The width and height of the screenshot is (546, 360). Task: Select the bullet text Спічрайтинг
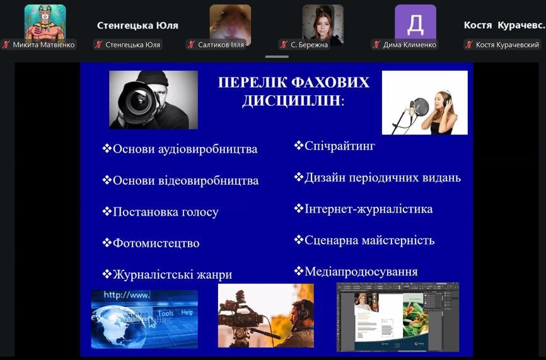(x=340, y=146)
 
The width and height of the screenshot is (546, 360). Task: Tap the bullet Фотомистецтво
(x=156, y=243)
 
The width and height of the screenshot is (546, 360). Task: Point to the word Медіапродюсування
(x=361, y=271)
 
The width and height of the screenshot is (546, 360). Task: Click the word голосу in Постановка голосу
(x=198, y=212)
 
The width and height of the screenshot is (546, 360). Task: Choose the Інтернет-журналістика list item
(x=369, y=209)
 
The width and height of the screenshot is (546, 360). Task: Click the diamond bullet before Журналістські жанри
(x=107, y=274)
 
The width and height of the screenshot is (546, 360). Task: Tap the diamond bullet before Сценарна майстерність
(x=298, y=240)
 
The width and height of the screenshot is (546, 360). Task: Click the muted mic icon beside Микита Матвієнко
(x=6, y=45)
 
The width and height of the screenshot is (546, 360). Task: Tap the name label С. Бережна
(x=309, y=45)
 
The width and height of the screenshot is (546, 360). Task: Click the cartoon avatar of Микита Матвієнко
(x=45, y=22)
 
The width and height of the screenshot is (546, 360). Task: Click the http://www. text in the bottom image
(x=126, y=295)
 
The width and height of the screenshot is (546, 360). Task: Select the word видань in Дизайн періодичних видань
(x=441, y=178)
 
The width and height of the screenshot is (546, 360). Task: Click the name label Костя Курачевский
(x=508, y=45)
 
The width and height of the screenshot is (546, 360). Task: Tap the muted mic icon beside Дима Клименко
(x=376, y=45)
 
